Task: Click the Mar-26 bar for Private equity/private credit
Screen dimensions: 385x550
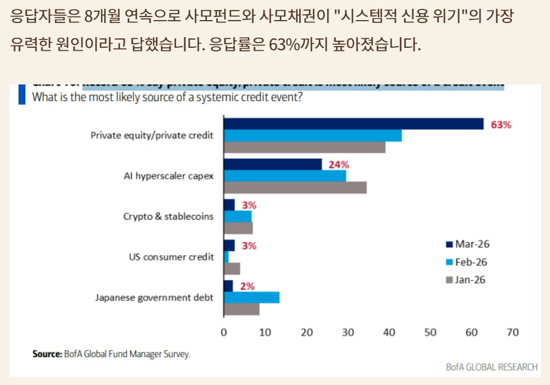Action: [353, 124]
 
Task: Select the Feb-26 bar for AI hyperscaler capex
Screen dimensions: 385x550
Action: [285, 176]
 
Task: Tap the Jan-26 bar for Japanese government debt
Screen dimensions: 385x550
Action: [242, 309]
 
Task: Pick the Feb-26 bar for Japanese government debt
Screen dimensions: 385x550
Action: [252, 298]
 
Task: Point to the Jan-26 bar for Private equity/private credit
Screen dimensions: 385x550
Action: [305, 147]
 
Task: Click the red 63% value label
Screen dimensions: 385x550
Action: [501, 125]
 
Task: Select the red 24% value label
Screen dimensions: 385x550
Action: [339, 165]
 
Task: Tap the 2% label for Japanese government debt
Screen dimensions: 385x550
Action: [248, 286]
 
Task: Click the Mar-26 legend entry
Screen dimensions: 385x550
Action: [467, 244]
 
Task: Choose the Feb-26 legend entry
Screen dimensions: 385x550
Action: [467, 262]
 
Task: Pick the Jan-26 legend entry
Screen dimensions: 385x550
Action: [467, 280]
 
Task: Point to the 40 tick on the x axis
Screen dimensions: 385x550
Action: [389, 332]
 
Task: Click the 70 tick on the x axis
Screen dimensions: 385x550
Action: [513, 332]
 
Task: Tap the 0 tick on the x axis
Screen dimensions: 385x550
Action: [224, 332]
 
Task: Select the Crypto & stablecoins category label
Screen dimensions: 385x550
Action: [168, 216]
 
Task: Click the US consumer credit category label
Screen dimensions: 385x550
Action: [171, 257]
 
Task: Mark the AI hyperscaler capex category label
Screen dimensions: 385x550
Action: [168, 176]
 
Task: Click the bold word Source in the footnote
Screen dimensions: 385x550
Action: [46, 354]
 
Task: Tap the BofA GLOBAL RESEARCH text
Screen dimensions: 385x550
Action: [492, 367]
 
